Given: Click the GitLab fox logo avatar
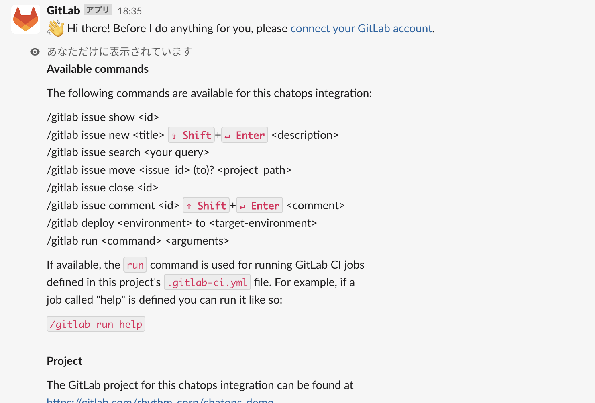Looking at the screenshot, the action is pos(25,19).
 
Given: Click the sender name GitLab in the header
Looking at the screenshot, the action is pos(63,10).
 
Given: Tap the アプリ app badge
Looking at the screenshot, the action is pos(98,10).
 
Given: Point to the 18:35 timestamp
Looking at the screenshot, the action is pos(130,11).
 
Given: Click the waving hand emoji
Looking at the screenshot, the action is pos(55,29).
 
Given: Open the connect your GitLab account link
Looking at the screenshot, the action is pos(361,29).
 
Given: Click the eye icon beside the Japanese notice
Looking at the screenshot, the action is pos(35,52).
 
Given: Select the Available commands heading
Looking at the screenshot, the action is pos(98,69).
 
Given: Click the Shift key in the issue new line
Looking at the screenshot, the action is pos(191,135).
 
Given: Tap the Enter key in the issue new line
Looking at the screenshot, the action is pos(245,135).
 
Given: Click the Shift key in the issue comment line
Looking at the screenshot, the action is pos(206,206).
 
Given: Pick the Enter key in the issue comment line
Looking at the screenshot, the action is pos(259,206).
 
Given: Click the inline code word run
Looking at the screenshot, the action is pos(135,265).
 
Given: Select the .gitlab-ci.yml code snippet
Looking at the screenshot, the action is pos(207,282).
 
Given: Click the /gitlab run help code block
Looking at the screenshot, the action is pos(96,324).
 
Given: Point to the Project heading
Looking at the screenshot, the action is pos(64,361).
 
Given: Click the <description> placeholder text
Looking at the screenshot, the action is pos(305,135).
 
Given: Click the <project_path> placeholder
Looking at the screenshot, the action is pos(254,170).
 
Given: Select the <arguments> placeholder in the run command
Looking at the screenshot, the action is pos(197,241).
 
